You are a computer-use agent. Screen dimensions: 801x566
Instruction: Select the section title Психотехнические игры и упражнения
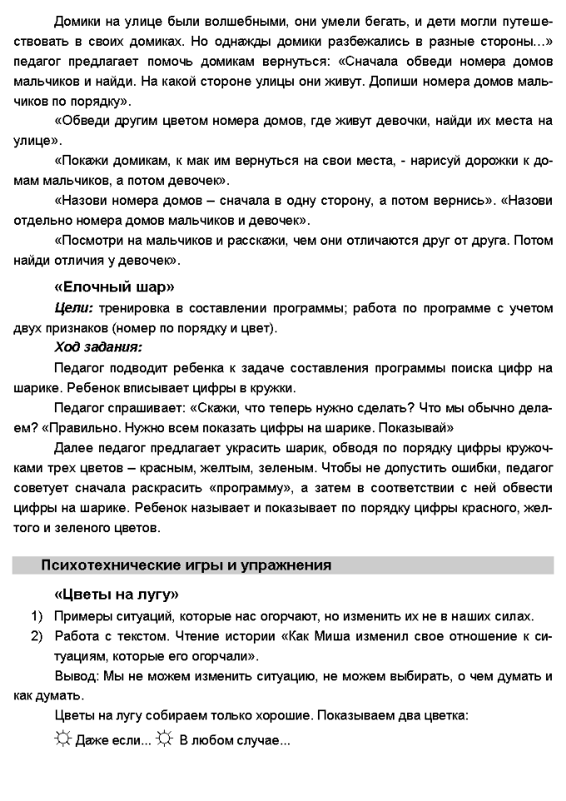[186, 565]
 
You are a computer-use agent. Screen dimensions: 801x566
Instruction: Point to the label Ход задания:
[97, 346]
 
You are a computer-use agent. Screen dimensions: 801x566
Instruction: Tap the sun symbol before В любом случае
[165, 739]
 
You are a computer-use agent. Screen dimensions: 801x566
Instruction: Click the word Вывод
[75, 677]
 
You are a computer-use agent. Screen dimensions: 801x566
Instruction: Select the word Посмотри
[90, 240]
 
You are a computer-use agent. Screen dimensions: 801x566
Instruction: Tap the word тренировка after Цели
[136, 308]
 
